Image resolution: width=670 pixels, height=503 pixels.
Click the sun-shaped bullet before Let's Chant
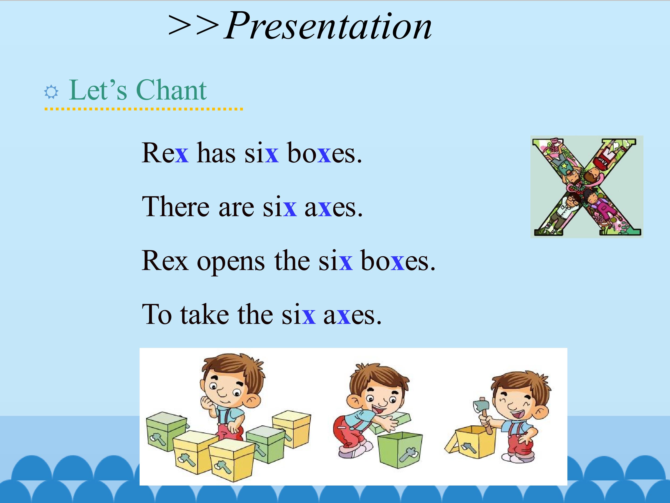(x=51, y=92)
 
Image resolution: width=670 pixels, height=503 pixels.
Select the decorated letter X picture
(x=587, y=187)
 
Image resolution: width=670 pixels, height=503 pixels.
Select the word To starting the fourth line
(x=157, y=314)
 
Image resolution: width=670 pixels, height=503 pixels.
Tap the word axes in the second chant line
(x=333, y=208)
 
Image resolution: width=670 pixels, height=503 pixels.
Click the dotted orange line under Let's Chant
(x=144, y=109)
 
